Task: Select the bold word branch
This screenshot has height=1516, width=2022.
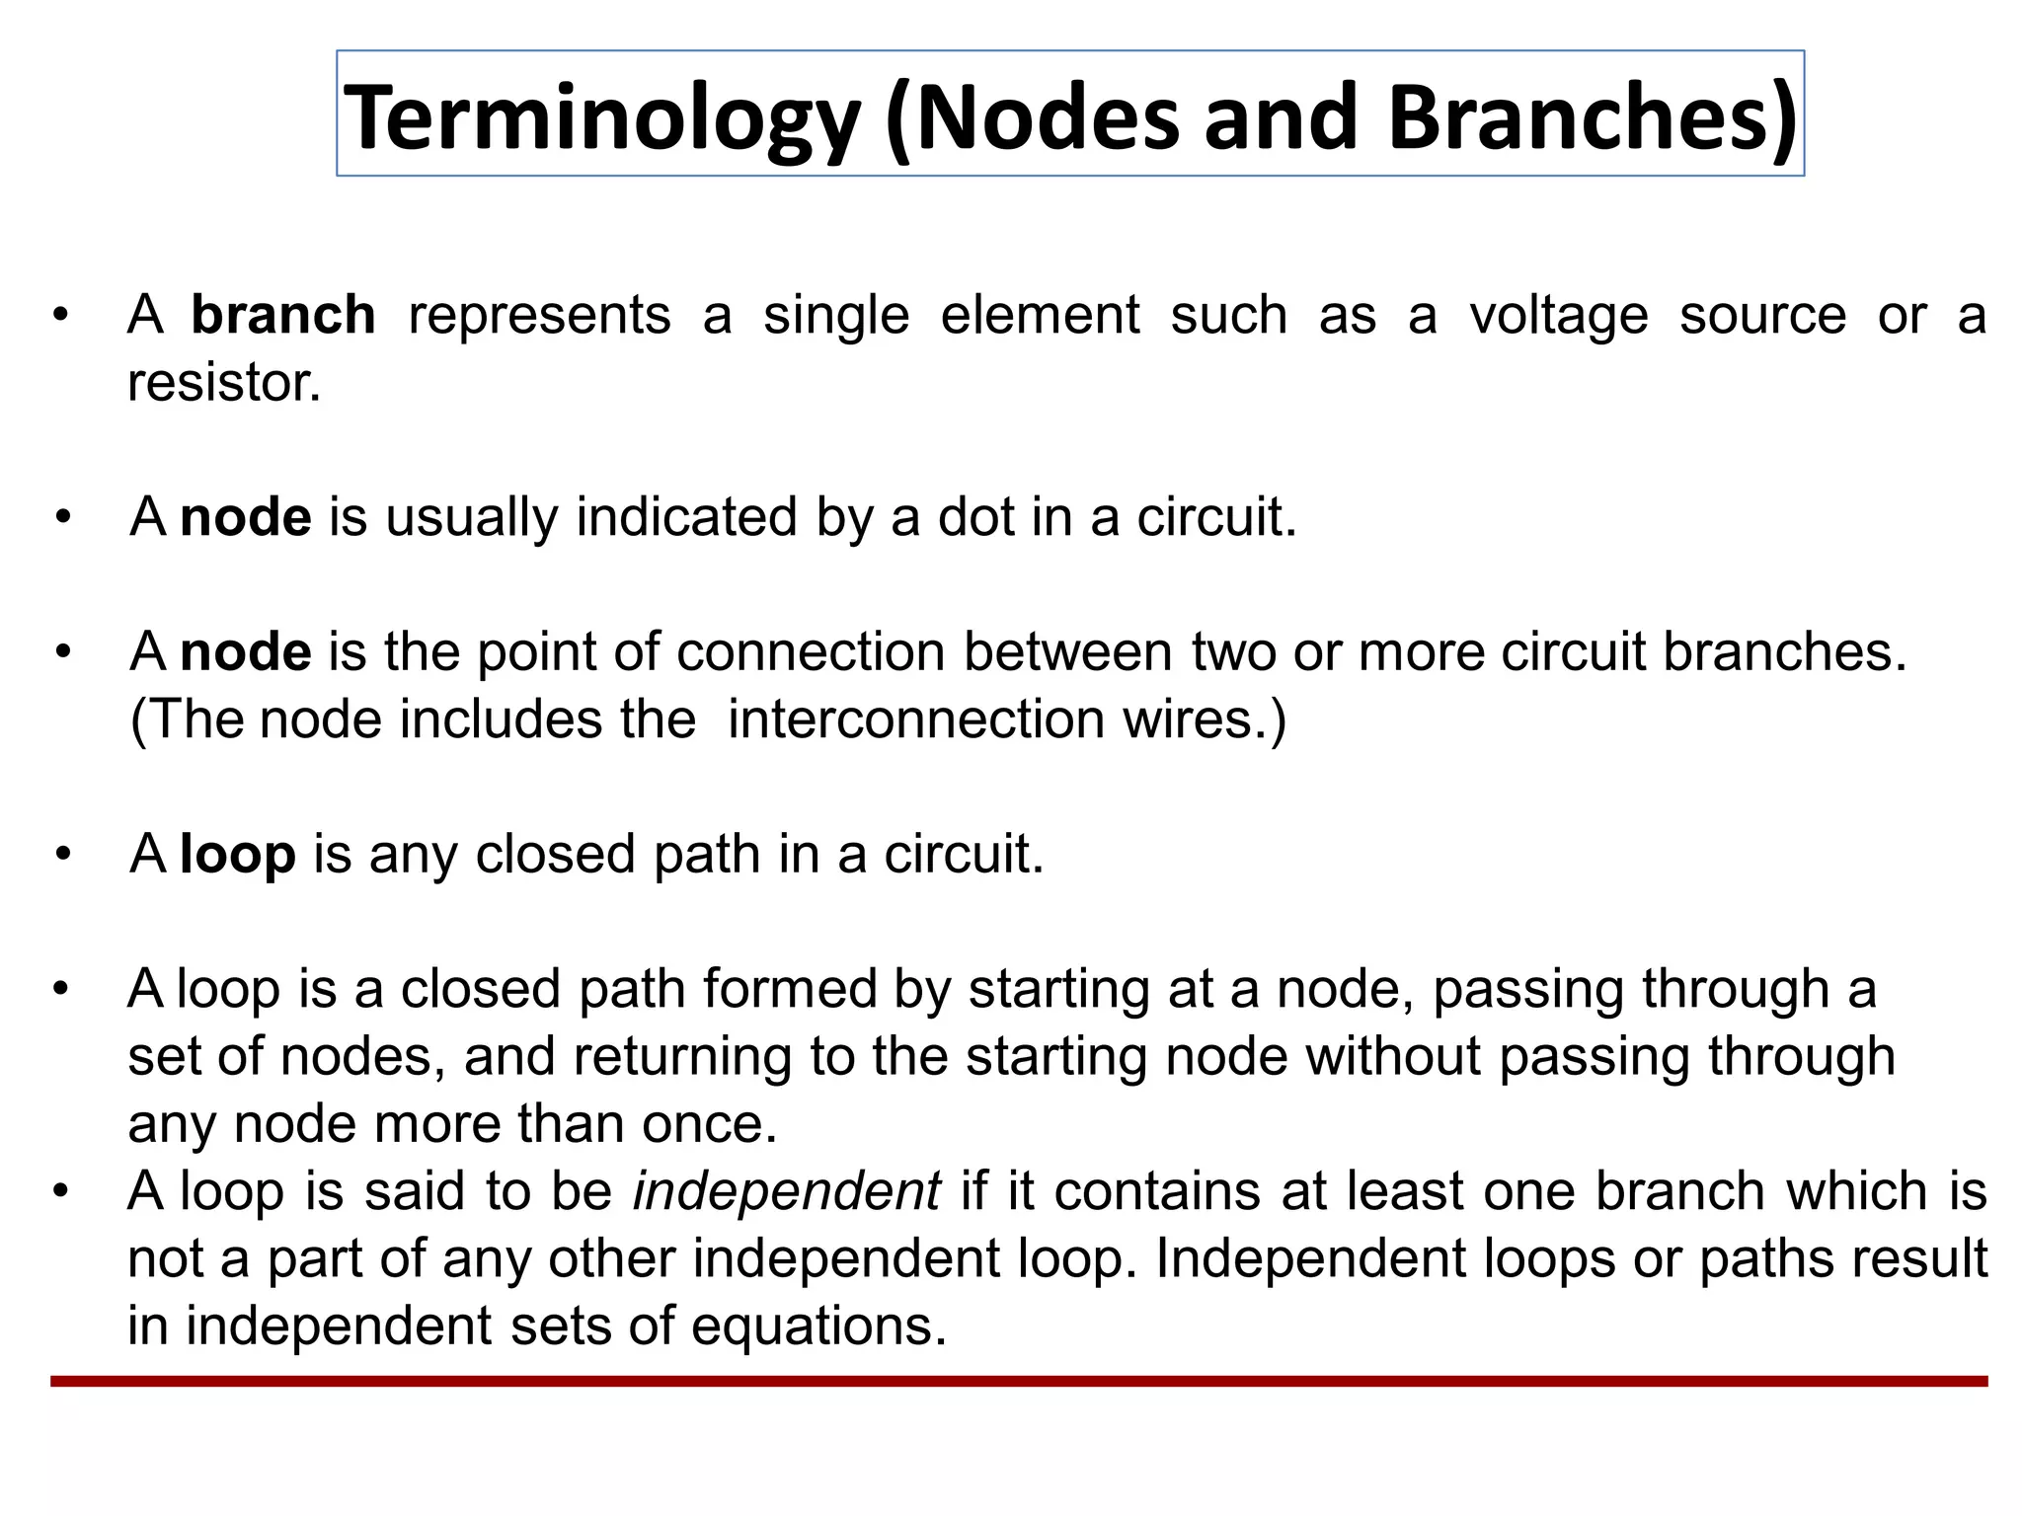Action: click(282, 316)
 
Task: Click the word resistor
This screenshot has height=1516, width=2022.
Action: click(224, 383)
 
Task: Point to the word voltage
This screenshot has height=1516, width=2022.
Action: click(1558, 316)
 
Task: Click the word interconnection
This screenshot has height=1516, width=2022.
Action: click(916, 720)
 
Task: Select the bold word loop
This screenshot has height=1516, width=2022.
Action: click(238, 854)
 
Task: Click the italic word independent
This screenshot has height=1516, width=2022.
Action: click(786, 1191)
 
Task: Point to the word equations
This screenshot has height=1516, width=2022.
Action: click(818, 1326)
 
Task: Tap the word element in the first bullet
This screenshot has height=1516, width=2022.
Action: click(1040, 316)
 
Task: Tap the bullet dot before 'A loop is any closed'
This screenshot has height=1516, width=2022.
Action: click(63, 854)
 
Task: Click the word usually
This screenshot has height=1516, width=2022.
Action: click(472, 517)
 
